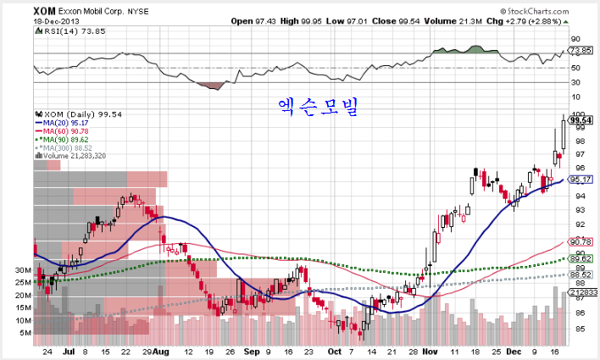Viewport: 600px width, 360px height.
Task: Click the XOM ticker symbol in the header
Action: click(x=45, y=12)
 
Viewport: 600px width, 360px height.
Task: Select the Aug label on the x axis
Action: click(x=162, y=350)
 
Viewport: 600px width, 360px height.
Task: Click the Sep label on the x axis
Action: click(x=251, y=350)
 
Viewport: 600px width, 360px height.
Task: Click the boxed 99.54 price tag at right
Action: click(x=581, y=120)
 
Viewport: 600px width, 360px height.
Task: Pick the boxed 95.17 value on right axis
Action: click(x=581, y=180)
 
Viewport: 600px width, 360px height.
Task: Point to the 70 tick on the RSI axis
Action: click(x=575, y=53)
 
